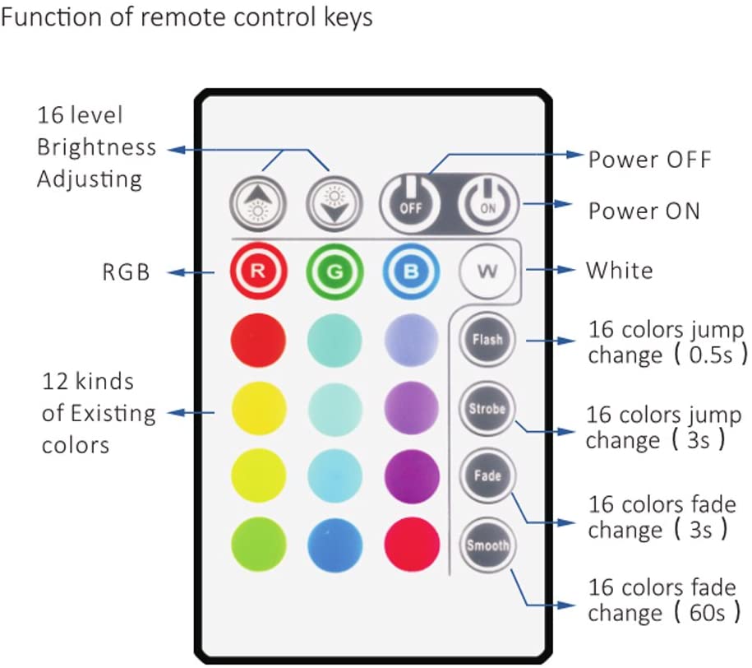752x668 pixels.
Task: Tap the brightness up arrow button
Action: pos(257,202)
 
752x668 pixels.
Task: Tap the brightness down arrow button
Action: pos(334,202)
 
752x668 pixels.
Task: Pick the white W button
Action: pos(487,271)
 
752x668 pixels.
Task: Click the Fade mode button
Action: pos(487,475)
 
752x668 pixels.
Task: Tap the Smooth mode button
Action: pos(487,545)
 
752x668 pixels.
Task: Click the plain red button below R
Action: pos(257,339)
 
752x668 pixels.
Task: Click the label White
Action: pos(619,269)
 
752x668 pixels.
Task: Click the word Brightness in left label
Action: pos(96,147)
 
